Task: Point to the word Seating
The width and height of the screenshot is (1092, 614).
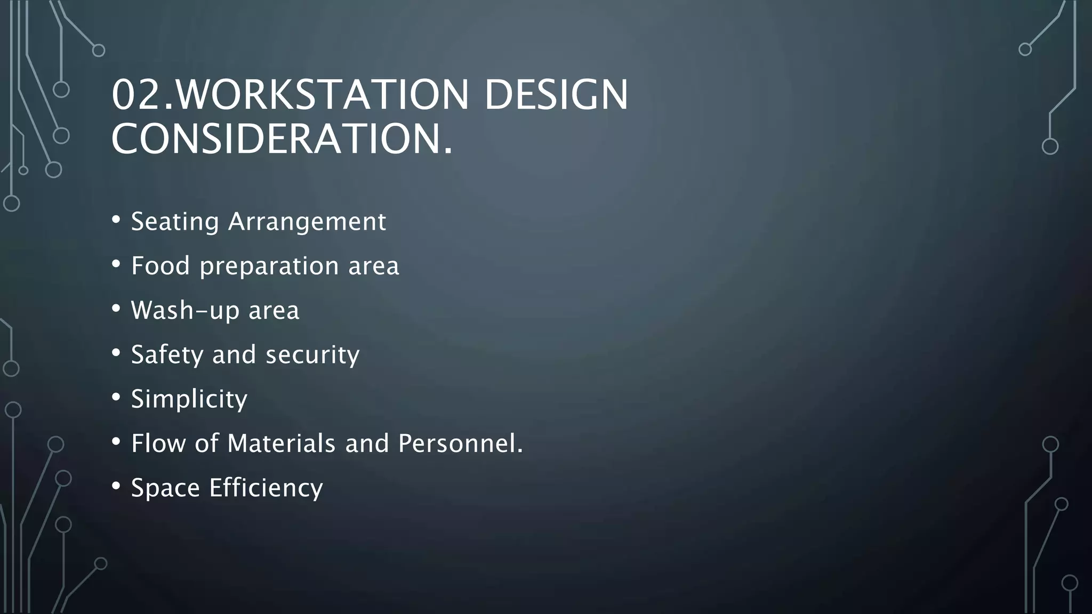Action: pos(175,222)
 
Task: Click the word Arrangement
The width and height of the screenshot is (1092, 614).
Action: pos(307,222)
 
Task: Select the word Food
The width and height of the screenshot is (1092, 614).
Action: pos(160,265)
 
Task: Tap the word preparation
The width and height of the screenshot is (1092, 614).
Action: pos(269,266)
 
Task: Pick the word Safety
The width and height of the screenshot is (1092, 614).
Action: pos(167,355)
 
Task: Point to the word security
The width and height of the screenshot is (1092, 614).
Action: pos(312,355)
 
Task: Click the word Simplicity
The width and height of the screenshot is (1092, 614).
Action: pos(189,399)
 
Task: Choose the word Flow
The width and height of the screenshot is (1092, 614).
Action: pos(158,443)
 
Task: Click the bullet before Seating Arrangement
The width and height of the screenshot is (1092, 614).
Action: pos(116,220)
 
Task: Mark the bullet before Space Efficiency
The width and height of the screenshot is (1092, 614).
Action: pos(116,486)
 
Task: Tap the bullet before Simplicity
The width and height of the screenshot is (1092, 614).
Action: pos(116,398)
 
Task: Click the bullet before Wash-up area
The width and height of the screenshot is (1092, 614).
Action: pos(116,309)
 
